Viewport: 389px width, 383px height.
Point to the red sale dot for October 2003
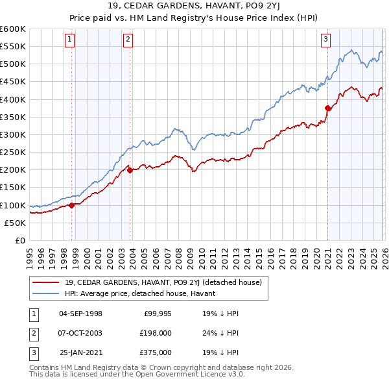click(x=130, y=171)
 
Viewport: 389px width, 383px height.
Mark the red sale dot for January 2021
click(x=327, y=108)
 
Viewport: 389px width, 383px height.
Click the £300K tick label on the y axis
click(x=13, y=134)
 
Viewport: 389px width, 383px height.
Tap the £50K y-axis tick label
click(x=15, y=223)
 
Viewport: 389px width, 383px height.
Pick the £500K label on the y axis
click(x=13, y=64)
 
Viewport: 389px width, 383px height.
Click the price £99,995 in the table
click(x=156, y=314)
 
